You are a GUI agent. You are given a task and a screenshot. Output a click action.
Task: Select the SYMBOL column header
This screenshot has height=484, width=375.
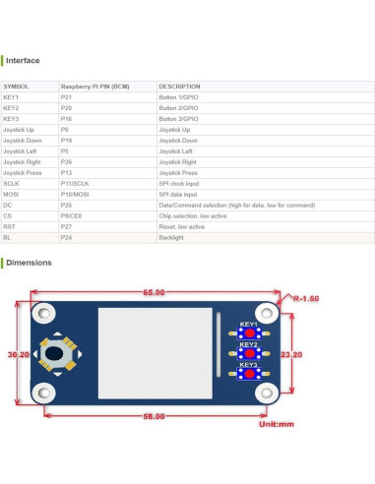[17, 87]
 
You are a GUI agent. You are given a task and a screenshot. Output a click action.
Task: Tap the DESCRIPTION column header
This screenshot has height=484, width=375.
[179, 87]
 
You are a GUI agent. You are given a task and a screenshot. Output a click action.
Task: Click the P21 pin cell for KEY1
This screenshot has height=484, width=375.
[66, 97]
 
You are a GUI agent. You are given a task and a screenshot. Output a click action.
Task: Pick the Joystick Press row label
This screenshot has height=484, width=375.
[23, 172]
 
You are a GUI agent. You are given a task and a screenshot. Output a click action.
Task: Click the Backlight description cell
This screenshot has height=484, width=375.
[171, 237]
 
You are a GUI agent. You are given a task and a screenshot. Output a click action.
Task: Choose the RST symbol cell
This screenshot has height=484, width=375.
[11, 226]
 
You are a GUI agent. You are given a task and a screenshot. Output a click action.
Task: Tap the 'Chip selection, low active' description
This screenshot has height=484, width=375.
[194, 215]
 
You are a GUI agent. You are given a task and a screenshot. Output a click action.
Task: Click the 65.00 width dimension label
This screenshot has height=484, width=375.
[154, 293]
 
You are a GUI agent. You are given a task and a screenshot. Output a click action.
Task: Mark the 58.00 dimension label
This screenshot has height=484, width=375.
[154, 417]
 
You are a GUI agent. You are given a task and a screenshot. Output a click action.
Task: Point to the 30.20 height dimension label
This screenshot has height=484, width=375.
[17, 354]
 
